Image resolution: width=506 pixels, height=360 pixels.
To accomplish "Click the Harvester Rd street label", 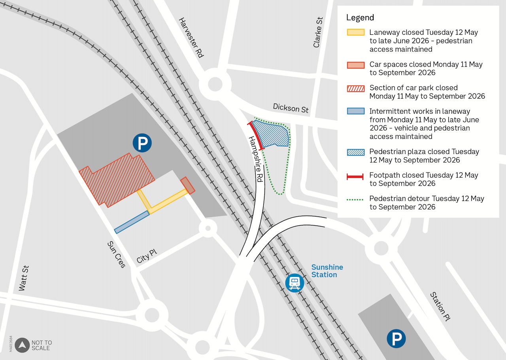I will (191, 38).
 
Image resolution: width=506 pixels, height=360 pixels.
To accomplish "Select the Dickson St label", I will (291, 108).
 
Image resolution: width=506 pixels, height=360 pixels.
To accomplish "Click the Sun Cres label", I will (117, 254).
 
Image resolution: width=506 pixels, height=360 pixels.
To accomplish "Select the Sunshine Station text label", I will (327, 271).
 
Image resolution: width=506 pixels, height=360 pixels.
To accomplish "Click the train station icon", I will (295, 283).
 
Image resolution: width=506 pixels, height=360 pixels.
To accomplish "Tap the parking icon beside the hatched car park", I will (142, 143).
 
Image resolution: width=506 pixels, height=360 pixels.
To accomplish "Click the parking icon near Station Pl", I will (396, 339).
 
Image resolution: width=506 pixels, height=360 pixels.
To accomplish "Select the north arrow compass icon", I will (23, 345).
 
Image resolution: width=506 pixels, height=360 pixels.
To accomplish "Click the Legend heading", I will (360, 17).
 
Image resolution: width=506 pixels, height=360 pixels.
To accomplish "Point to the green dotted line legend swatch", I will (355, 200).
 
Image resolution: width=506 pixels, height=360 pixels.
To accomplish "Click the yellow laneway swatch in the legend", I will (355, 32).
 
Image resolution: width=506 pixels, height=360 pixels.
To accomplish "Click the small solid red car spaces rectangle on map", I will (188, 186).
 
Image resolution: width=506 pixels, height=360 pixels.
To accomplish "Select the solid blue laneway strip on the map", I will (132, 222).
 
